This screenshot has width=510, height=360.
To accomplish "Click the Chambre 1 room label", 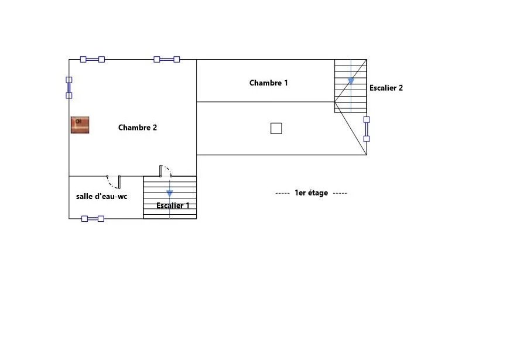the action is (268, 83).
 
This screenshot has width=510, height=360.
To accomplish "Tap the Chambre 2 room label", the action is (137, 128).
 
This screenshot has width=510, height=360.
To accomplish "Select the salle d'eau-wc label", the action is (101, 197).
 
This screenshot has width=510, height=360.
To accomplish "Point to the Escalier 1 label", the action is (173, 205).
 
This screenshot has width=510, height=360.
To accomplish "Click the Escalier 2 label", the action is (386, 88).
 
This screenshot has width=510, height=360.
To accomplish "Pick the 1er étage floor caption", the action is (312, 193).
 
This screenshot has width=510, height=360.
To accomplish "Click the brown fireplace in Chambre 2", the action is (80, 125).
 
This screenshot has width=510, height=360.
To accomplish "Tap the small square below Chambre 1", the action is (276, 128).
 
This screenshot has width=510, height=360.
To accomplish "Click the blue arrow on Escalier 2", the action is (351, 81).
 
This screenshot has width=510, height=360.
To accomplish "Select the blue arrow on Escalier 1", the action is (169, 194).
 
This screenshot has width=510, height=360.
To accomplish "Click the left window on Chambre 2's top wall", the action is (93, 59).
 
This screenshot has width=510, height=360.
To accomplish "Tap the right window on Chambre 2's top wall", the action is (166, 59).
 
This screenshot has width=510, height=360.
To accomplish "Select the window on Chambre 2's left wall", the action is (69, 87).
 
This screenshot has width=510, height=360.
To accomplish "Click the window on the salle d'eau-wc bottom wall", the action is (93, 218).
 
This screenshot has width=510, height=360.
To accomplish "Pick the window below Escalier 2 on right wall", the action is (367, 129).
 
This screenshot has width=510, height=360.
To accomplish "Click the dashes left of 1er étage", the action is (282, 193).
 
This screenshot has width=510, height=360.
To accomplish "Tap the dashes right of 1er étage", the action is (340, 193).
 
